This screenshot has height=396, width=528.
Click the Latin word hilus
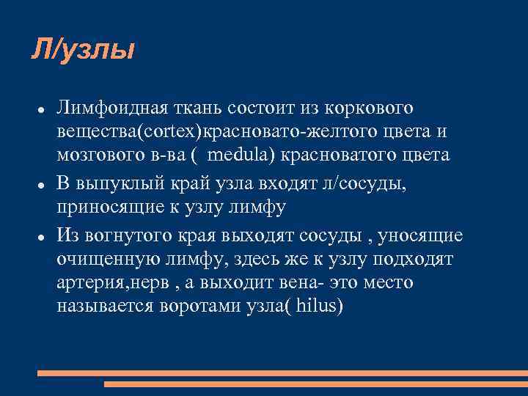point(316,307)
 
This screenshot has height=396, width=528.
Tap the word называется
point(103,307)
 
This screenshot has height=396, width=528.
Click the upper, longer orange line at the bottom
point(282,373)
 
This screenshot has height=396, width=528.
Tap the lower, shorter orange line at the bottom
point(315,384)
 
